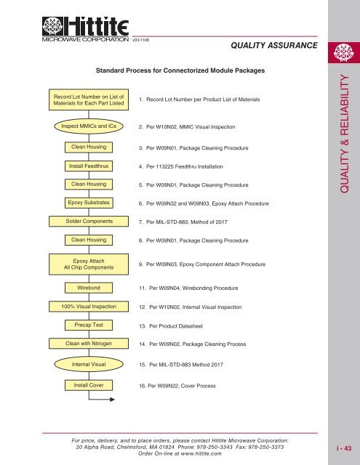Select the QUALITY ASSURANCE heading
click(273, 46)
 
